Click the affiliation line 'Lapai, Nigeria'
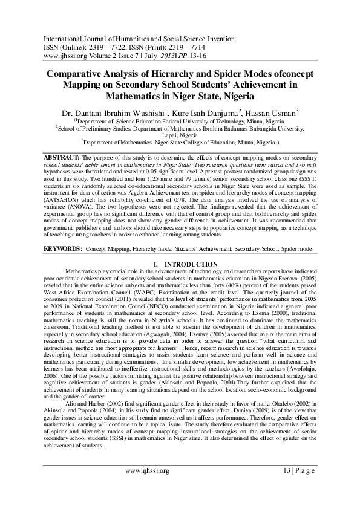[x=180, y=137]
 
